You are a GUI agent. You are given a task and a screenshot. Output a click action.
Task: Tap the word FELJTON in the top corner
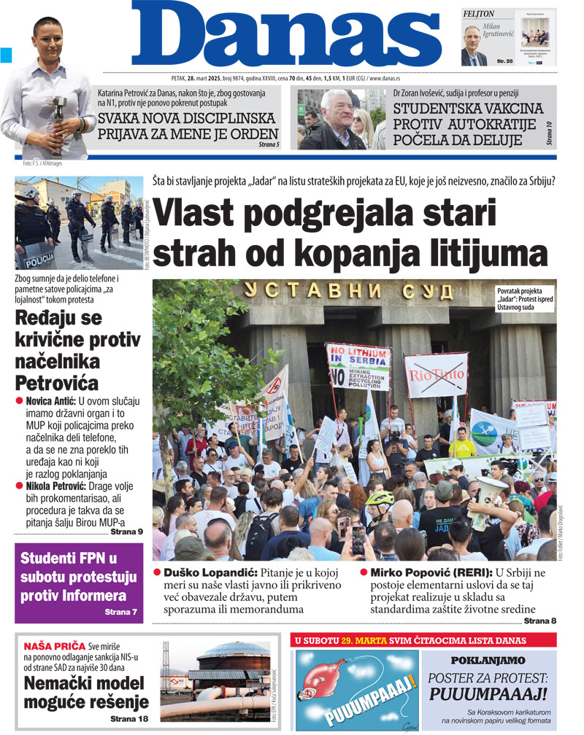pyautogui.click(x=479, y=14)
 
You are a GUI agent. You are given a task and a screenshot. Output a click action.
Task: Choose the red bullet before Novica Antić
pyautogui.click(x=20, y=401)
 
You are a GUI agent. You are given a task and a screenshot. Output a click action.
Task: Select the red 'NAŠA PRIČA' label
pyautogui.click(x=55, y=646)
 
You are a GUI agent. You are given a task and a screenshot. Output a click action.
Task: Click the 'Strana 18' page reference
pyautogui.click(x=130, y=719)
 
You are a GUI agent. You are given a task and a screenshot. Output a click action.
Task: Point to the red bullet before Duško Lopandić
pyautogui.click(x=157, y=572)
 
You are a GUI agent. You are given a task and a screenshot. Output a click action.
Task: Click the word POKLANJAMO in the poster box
pyautogui.click(x=488, y=660)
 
